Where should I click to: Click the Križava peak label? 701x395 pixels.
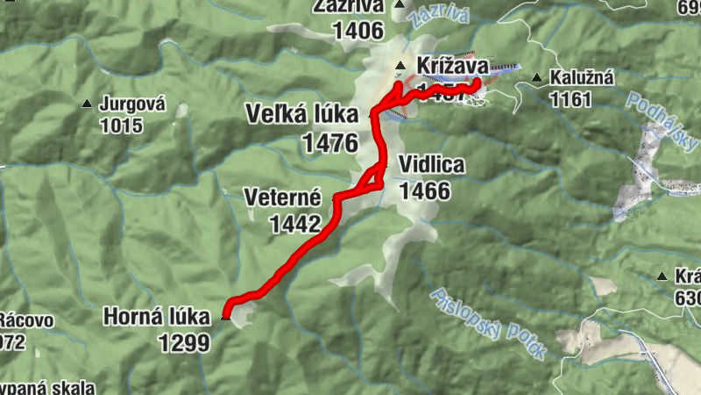[452, 65]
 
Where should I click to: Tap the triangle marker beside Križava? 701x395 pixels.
[400, 66]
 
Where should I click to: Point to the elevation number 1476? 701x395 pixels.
[329, 143]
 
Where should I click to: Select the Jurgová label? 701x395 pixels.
[132, 104]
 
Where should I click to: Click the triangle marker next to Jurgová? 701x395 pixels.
[87, 104]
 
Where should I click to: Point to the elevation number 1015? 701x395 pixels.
[121, 126]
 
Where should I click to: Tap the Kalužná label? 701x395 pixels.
[582, 78]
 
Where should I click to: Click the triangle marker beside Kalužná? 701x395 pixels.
[537, 78]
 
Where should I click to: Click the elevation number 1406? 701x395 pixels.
[358, 31]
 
